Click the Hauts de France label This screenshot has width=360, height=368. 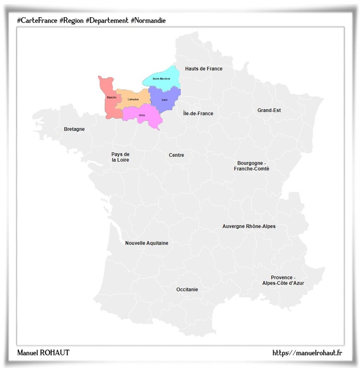[x=204, y=69]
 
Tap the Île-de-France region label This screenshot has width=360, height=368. [x=198, y=114]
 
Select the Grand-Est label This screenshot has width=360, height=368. [x=269, y=110]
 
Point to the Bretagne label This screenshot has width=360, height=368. [x=74, y=129]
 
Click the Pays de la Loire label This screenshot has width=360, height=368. [x=120, y=157]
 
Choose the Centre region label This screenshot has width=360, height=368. [x=176, y=155]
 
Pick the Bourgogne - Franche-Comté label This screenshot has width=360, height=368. [x=251, y=166]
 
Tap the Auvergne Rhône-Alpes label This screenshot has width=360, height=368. [x=249, y=226]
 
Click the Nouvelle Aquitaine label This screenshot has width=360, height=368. [x=146, y=243]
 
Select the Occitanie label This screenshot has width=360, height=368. [x=187, y=290]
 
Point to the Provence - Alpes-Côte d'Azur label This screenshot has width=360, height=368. [x=283, y=280]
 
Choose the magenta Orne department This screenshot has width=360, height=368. [x=142, y=115]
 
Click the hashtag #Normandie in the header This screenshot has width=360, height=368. [x=148, y=20]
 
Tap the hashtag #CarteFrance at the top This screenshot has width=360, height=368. [x=37, y=20]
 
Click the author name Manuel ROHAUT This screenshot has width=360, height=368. [x=43, y=353]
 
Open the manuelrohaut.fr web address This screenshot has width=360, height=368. [x=307, y=353]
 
